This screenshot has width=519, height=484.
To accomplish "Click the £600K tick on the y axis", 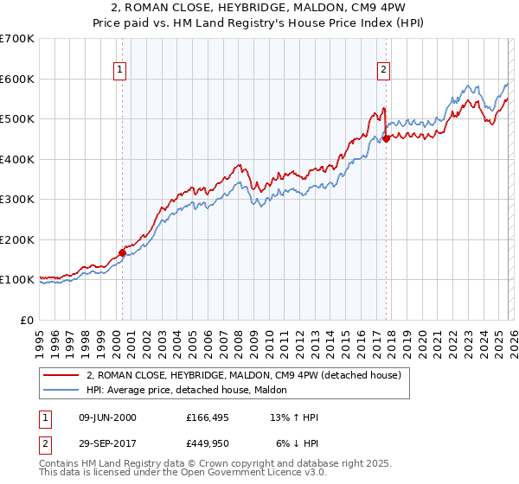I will click(x=18, y=79).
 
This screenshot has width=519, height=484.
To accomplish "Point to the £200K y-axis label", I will click(x=18, y=239).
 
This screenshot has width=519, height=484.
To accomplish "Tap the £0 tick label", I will click(x=28, y=320).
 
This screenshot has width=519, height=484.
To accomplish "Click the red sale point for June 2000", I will click(x=122, y=253).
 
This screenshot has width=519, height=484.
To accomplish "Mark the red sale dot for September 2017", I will click(x=387, y=139).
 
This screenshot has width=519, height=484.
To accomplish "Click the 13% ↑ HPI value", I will click(x=294, y=417).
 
